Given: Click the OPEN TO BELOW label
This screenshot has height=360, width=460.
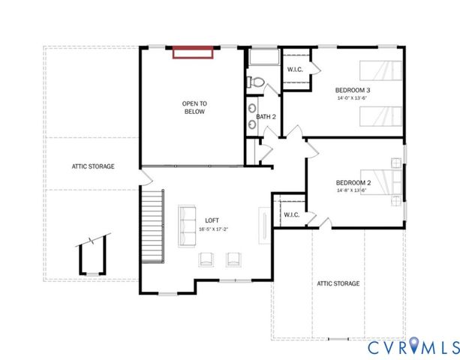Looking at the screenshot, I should click(194, 107).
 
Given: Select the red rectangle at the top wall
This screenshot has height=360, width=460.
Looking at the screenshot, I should click(194, 52).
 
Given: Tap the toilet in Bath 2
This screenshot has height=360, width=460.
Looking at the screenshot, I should click(256, 82).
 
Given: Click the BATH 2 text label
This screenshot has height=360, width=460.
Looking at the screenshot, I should click(266, 116).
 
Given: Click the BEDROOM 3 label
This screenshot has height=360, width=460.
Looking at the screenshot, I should click(353, 90).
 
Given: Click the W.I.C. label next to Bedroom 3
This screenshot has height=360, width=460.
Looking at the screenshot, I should click(295, 70).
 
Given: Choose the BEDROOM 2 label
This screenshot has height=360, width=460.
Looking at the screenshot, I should click(353, 182).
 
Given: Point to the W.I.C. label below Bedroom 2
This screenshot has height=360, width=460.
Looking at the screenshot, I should click(291, 214).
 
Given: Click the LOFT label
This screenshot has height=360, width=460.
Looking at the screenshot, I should click(213, 220).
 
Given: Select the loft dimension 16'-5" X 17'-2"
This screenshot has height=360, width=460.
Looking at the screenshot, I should click(213, 229).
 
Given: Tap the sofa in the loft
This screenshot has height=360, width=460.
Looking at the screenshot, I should click(187, 225).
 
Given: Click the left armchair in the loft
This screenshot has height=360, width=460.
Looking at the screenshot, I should click(205, 259).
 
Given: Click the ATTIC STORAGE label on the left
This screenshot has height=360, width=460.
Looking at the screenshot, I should click(93, 166).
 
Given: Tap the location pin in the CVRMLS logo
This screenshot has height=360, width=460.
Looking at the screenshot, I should click(415, 346).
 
